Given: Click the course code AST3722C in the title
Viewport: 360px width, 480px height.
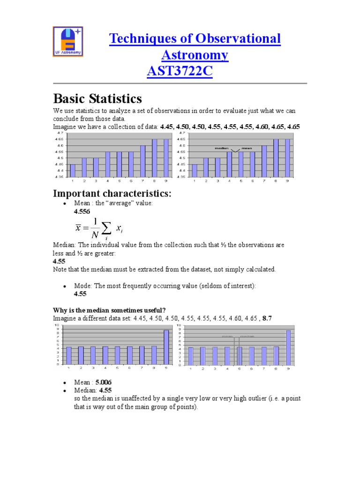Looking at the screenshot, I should point(180,72).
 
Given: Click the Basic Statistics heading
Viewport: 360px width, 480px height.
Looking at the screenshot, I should point(97,99).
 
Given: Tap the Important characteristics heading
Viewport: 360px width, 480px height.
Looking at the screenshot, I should point(111,194).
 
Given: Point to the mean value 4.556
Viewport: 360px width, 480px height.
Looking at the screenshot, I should point(82,212).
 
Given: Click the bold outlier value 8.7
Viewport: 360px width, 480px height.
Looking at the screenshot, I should point(267,318).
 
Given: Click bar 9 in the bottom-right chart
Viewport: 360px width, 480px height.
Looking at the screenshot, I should point(288,347).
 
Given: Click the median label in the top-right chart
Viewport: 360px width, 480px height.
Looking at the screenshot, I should point(221,148).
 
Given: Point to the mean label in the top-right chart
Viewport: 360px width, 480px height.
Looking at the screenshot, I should point(247,148).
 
